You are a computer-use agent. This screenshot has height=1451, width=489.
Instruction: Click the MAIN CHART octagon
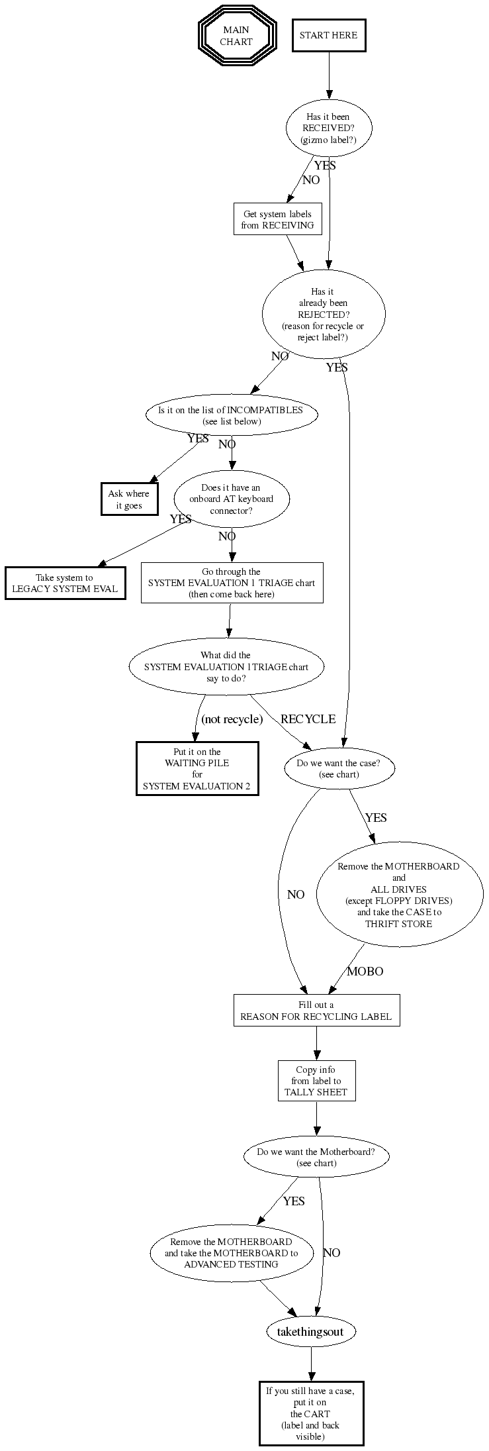pyautogui.click(x=236, y=36)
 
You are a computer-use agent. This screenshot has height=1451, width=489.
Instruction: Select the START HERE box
pyautogui.click(x=328, y=35)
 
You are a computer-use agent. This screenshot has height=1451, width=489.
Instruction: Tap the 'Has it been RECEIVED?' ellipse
pyautogui.click(x=328, y=128)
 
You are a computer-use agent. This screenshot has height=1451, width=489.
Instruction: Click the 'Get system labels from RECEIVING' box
pyautogui.click(x=277, y=219)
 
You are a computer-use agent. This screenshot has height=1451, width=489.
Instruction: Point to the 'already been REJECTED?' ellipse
pyautogui.click(x=324, y=314)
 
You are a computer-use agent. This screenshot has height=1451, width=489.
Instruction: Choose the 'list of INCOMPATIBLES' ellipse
pyautogui.click(x=231, y=415)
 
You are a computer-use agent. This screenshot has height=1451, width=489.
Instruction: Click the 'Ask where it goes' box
pyautogui.click(x=129, y=499)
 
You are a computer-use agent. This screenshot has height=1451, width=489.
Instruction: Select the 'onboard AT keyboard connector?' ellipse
pyautogui.click(x=231, y=499)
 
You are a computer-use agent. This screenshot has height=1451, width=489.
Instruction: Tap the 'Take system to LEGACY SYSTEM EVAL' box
pyautogui.click(x=65, y=583)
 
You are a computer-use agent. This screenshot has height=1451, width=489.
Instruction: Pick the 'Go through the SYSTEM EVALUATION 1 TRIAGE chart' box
pyautogui.click(x=232, y=583)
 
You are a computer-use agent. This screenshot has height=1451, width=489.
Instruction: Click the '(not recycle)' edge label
pyautogui.click(x=232, y=719)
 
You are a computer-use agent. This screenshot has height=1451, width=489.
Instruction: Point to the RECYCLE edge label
pyautogui.click(x=308, y=719)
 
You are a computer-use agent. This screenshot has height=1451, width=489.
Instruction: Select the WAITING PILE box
pyautogui.click(x=197, y=769)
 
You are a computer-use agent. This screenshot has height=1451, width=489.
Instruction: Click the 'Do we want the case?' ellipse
pyautogui.click(x=339, y=768)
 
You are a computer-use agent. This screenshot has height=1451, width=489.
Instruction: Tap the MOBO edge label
pyautogui.click(x=365, y=972)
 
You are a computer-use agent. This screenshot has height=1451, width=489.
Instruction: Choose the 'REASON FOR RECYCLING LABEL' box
pyautogui.click(x=316, y=1011)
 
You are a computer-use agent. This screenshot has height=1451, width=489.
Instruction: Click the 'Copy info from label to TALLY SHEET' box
pyautogui.click(x=316, y=1081)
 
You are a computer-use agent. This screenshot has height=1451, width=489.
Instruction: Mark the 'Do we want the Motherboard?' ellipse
pyautogui.click(x=316, y=1157)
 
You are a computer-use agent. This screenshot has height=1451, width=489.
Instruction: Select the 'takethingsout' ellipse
pyautogui.click(x=310, y=1331)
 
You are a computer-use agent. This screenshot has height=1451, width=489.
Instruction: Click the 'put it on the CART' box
pyautogui.click(x=310, y=1413)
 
